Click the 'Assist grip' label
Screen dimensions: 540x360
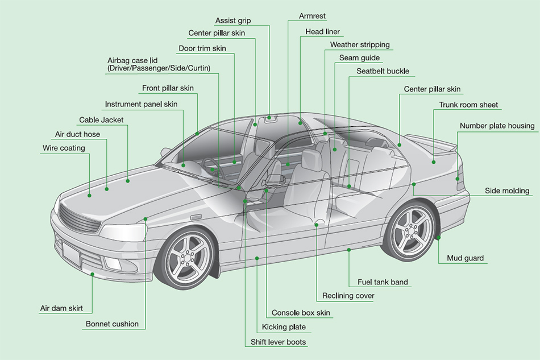(233, 20)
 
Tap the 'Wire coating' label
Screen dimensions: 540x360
(64, 148)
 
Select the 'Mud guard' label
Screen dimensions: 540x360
(465, 258)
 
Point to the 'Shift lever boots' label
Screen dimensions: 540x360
(278, 342)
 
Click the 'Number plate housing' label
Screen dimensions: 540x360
(497, 126)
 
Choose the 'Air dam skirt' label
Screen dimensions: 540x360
(61, 308)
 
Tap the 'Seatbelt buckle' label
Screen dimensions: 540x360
(383, 71)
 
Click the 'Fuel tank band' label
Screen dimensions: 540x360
(383, 282)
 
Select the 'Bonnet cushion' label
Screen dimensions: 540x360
(112, 324)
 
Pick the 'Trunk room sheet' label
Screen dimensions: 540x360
(468, 105)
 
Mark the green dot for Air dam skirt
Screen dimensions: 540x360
(92, 274)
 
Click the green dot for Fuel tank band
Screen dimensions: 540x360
(349, 250)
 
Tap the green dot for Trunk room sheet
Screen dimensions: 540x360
(434, 162)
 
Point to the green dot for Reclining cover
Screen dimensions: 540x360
(317, 225)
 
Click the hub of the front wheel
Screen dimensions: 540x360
(187, 257)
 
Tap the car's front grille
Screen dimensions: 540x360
(79, 218)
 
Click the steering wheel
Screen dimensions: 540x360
(213, 168)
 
